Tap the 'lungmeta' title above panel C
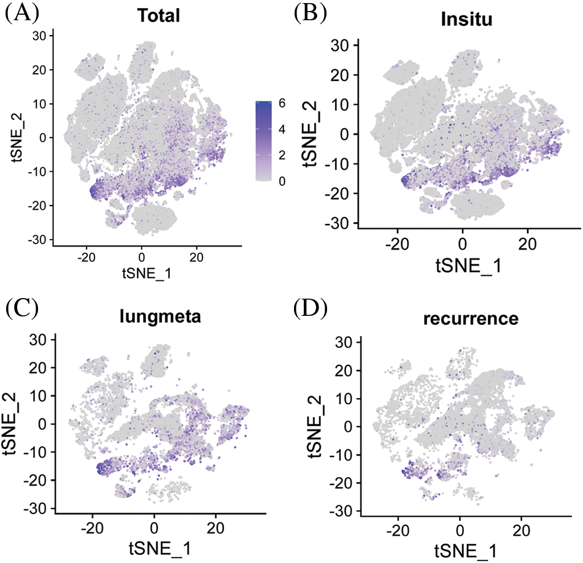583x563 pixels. [160, 319]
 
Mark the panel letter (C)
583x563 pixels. [21, 309]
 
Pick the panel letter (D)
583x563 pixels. [312, 309]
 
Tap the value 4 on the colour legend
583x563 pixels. [283, 130]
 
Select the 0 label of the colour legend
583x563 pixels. [283, 182]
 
